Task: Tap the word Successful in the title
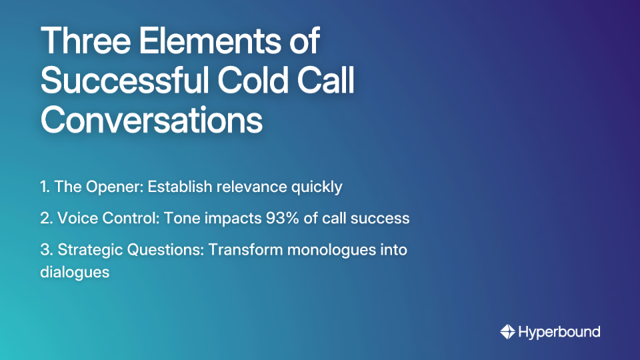[x=117, y=81]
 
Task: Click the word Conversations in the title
[x=151, y=121]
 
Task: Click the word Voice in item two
[x=73, y=219]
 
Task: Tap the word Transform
[x=239, y=251]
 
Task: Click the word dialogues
[x=74, y=273]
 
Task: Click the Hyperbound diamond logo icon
[x=507, y=331]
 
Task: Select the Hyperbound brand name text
[x=559, y=331]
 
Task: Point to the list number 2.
[x=45, y=219]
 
